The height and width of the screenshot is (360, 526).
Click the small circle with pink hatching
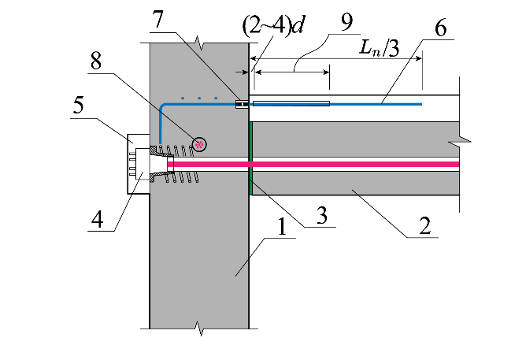click(x=199, y=143)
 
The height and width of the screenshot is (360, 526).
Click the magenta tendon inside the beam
click(x=354, y=164)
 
